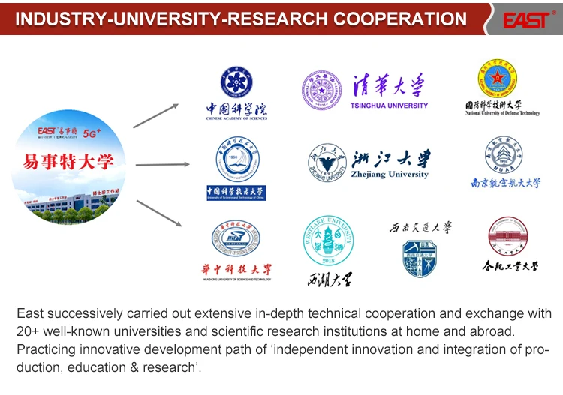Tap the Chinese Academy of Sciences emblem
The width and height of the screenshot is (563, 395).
pos(236,82)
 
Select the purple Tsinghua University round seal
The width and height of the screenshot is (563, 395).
pos(321,91)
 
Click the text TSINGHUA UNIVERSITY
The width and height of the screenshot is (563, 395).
pos(389,106)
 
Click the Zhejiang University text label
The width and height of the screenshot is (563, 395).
pos(390,175)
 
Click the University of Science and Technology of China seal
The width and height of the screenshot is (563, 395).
pos(237,159)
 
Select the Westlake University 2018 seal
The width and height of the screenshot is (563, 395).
pos(328,241)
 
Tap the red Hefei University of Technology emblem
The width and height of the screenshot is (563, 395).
pos(508,235)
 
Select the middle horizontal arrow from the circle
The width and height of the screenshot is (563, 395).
pos(162,164)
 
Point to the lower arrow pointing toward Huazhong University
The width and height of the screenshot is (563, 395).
pos(158,212)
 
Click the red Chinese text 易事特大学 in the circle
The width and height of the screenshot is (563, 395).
pos(68,162)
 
